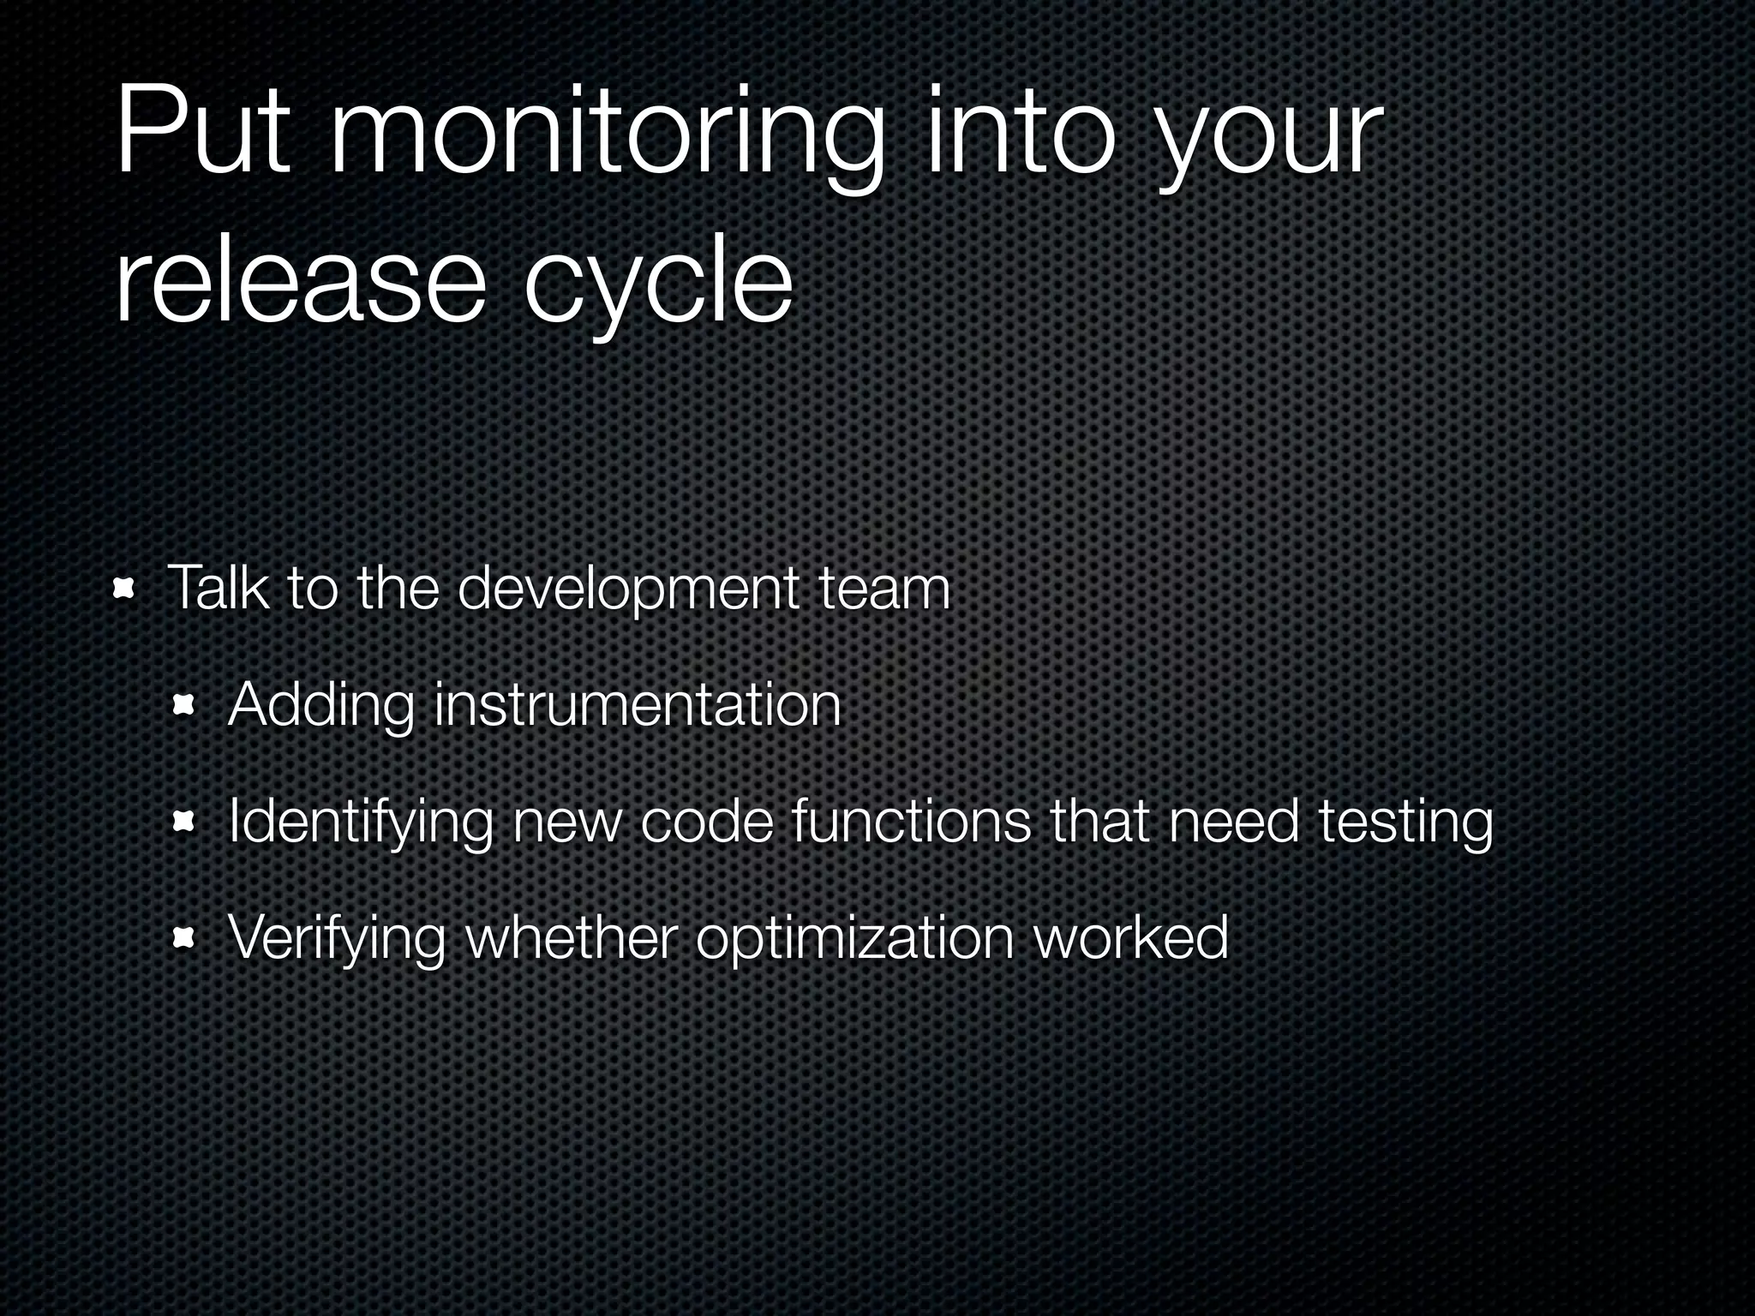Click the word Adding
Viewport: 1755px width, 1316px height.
(x=321, y=706)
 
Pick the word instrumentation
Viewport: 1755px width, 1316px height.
(x=638, y=704)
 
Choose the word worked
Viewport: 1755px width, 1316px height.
(x=1131, y=937)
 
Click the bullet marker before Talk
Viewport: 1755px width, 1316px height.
(x=124, y=589)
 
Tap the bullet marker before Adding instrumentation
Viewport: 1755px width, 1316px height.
(x=183, y=705)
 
